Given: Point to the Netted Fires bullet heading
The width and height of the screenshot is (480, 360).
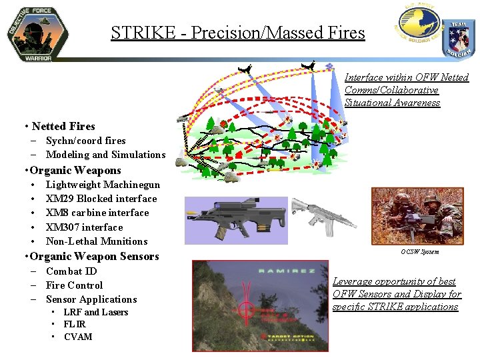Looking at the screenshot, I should click(x=63, y=126).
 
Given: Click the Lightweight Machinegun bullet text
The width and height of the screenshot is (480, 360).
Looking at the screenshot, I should click(x=103, y=185).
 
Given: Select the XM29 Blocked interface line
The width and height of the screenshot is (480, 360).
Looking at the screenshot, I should click(x=101, y=199).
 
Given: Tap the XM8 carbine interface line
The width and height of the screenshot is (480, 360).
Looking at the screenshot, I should click(x=97, y=213).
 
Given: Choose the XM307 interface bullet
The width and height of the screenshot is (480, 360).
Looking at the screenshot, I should click(x=84, y=227).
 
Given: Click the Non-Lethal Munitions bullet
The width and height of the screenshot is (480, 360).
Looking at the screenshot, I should click(x=97, y=241).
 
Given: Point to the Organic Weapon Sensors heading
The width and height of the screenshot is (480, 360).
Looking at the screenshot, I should click(x=95, y=256).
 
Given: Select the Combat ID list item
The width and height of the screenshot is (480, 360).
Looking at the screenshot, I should click(x=71, y=271).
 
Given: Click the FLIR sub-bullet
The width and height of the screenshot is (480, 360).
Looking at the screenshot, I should click(x=75, y=324).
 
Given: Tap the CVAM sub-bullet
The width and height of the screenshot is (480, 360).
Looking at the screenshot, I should click(x=78, y=337).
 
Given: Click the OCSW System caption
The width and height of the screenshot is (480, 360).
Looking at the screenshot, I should click(x=419, y=251).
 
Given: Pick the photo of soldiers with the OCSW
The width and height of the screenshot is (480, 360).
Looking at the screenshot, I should click(x=417, y=215).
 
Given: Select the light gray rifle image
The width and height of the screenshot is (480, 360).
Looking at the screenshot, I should click(x=322, y=215).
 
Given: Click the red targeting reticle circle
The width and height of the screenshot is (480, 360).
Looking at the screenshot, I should click(x=247, y=313).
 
